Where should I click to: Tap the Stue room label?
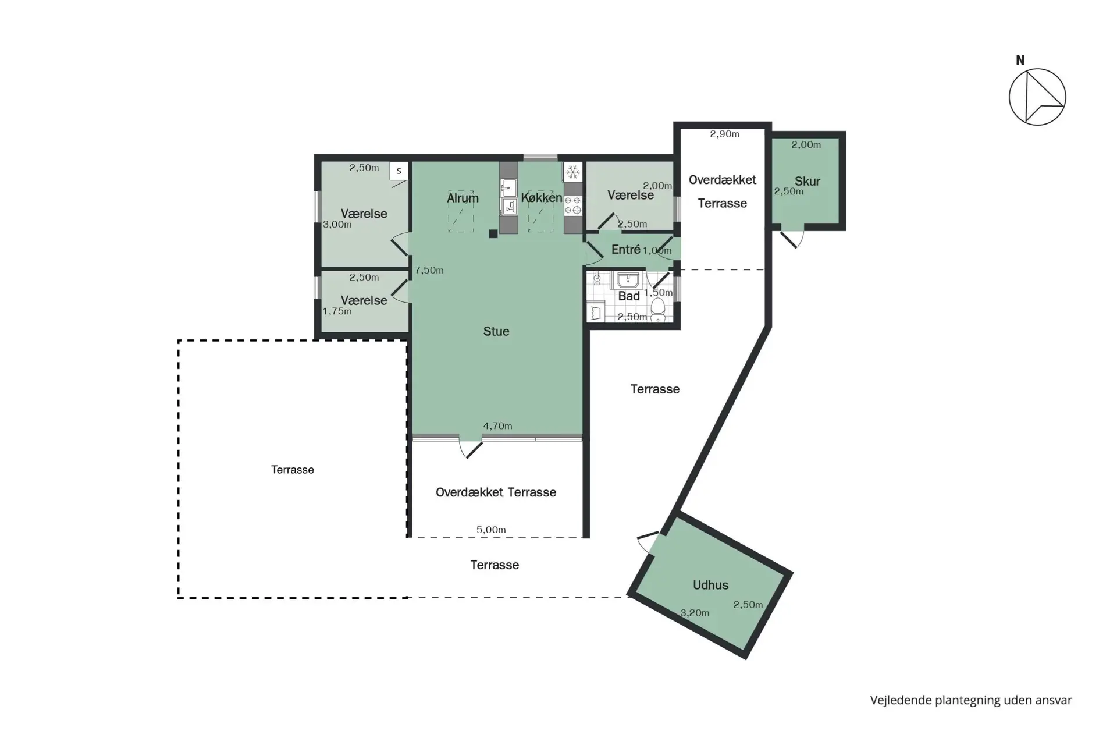point(496,331)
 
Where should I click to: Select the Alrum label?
point(463,198)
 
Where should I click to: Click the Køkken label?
point(542,198)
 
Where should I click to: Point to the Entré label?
point(626,249)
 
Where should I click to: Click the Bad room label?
point(629,296)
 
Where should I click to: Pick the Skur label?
point(807,181)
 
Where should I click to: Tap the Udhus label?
point(710,585)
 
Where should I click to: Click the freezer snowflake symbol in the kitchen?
point(573,172)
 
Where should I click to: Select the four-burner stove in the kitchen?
point(573,205)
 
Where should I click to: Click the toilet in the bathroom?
point(658,310)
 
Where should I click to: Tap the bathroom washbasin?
point(628,281)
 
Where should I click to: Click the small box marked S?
point(399,171)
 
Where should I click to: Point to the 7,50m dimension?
point(429,270)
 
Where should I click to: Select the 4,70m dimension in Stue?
point(497,426)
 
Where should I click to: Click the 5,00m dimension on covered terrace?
point(491,530)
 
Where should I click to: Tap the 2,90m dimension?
point(724,134)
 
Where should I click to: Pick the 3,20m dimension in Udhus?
point(695,613)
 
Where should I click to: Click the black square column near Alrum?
point(493,234)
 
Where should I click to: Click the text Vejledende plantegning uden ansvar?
point(971,700)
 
